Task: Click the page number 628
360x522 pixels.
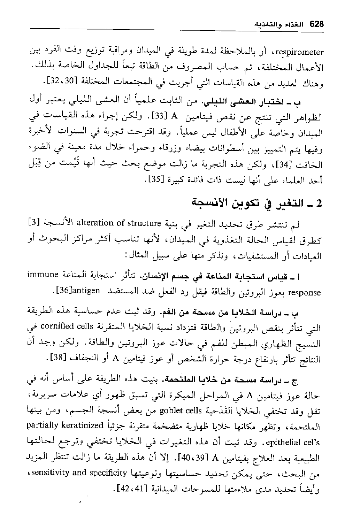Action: pos(317,24)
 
